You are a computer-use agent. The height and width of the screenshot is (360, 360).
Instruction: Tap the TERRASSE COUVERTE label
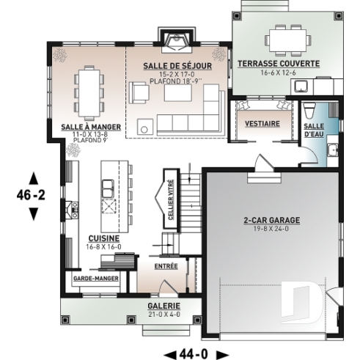coord(278,64)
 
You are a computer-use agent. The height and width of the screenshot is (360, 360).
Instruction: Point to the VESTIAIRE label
coord(262,124)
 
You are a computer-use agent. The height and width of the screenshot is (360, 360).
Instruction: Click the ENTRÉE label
coord(166,266)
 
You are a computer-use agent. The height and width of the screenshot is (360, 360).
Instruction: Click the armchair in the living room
coord(139,93)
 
